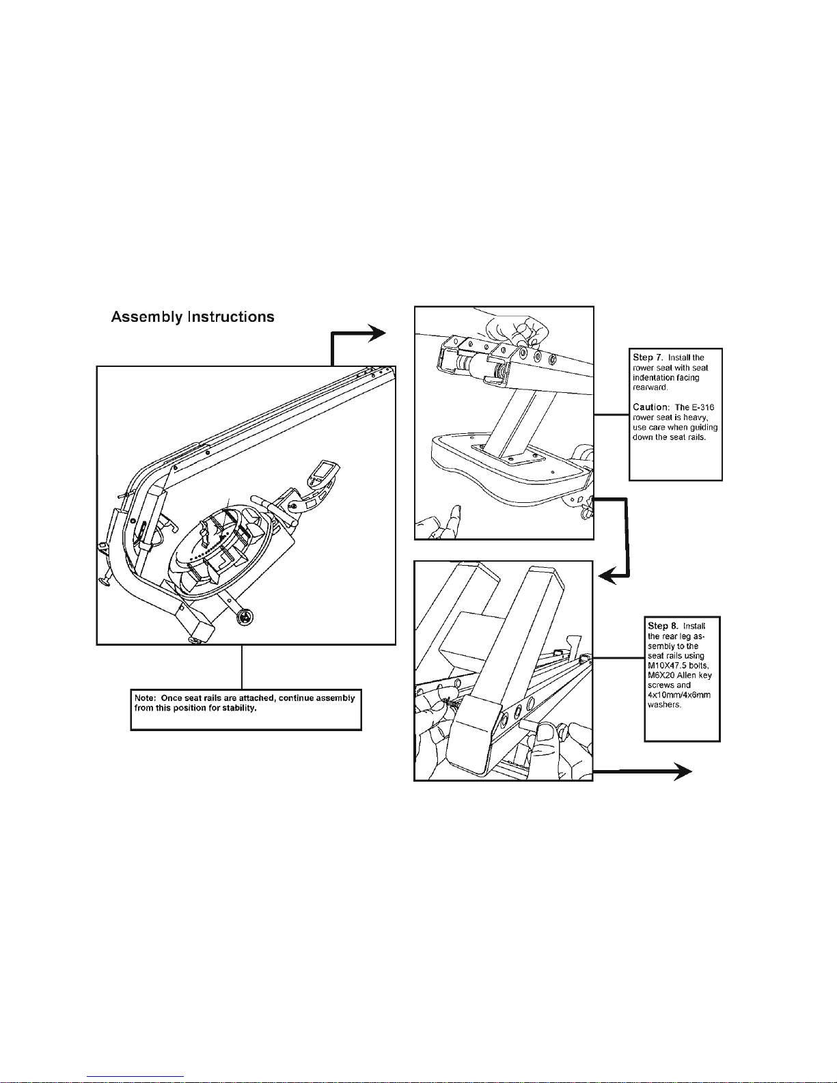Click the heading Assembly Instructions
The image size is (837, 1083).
193,317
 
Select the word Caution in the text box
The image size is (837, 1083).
649,407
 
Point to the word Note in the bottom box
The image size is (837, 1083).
145,698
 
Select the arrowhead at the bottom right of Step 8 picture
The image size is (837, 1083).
683,771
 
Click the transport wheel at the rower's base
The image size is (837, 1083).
245,618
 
